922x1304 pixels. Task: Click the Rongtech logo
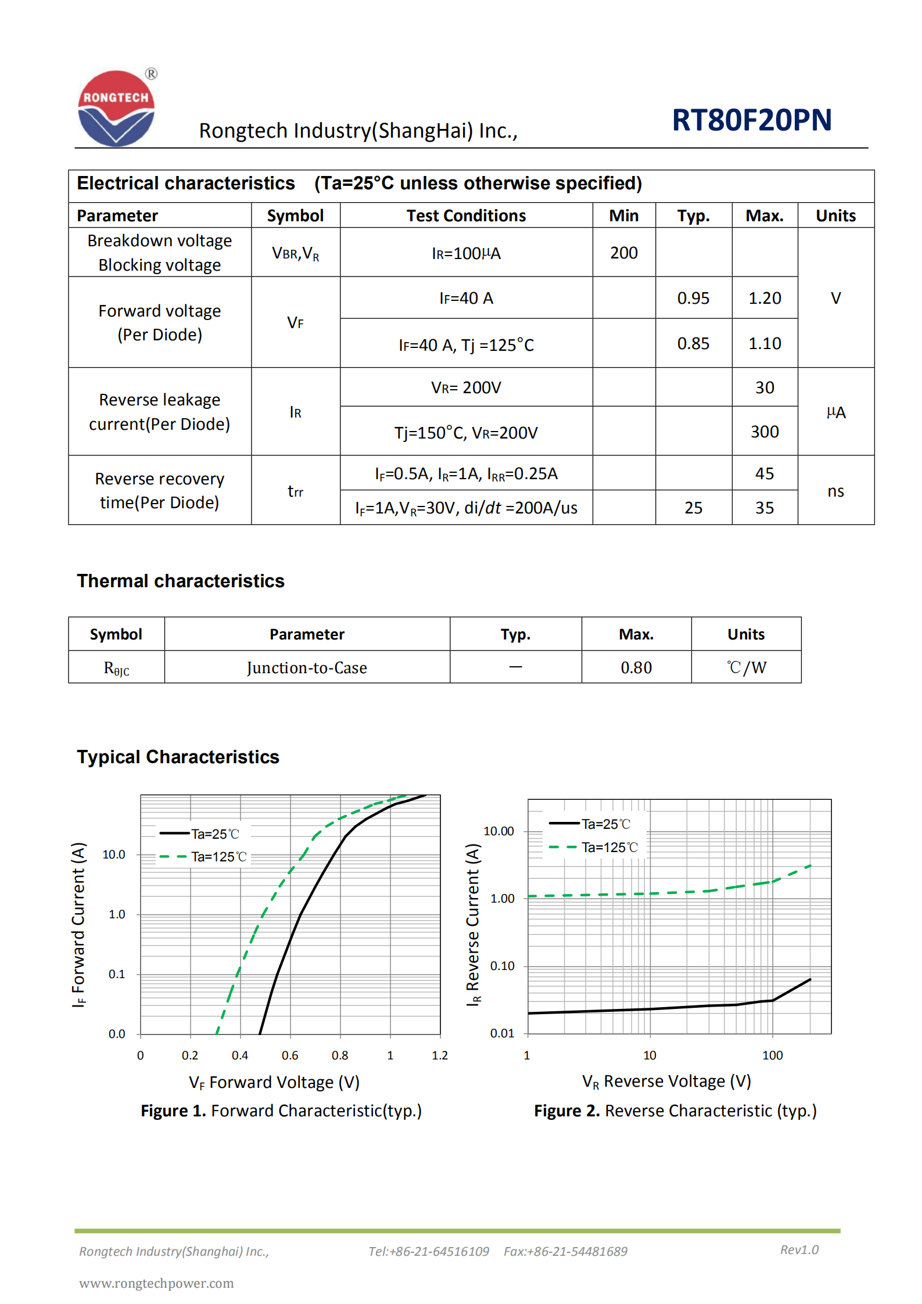(x=116, y=108)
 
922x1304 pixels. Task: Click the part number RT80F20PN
(x=751, y=120)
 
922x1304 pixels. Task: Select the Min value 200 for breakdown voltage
(x=623, y=253)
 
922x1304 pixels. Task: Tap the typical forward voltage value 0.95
(x=693, y=298)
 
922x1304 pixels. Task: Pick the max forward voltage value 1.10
(x=764, y=343)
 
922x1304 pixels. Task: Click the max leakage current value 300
(x=764, y=432)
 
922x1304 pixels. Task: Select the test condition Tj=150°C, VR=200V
(x=466, y=433)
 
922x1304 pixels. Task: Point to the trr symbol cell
(x=295, y=491)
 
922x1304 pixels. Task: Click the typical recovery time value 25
(x=693, y=508)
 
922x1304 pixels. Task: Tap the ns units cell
(x=835, y=491)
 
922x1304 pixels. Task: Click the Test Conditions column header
(x=466, y=215)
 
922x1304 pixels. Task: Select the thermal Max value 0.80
(x=636, y=667)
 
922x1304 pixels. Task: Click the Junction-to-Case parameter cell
(x=307, y=667)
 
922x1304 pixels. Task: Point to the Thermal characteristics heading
(x=181, y=581)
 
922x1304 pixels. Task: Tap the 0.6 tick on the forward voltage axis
(x=289, y=1055)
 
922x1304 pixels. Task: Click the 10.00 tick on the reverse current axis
(x=498, y=831)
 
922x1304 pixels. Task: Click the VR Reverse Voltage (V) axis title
(x=666, y=1081)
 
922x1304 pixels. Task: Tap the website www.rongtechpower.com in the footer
(x=156, y=1283)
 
